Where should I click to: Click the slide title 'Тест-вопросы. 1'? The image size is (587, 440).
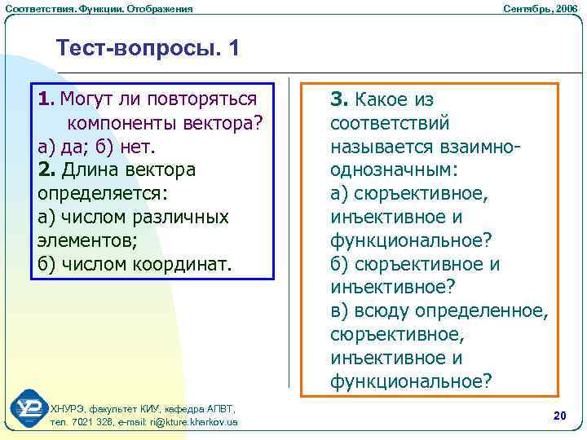(x=148, y=48)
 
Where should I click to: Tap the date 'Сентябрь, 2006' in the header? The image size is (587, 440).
(x=541, y=8)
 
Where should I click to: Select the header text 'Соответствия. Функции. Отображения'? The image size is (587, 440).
(x=99, y=8)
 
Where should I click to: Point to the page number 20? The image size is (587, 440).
(x=559, y=416)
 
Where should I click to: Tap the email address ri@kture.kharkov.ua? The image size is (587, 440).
(x=190, y=422)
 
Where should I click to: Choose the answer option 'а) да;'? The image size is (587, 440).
(x=64, y=147)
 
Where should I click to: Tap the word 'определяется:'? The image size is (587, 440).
(x=102, y=194)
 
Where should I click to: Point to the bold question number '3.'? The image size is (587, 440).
(x=339, y=99)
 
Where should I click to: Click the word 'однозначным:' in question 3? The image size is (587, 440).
(x=395, y=170)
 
